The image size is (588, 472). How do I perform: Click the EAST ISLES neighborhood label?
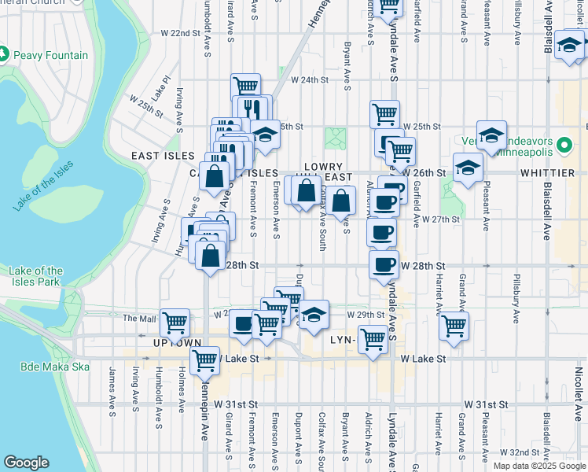tap(157, 156)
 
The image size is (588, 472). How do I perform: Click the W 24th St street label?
tap(308, 80)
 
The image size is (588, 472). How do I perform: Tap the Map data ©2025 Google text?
tap(538, 466)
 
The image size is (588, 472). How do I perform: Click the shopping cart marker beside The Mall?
tap(175, 321)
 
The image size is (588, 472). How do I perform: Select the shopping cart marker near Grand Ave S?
tap(454, 324)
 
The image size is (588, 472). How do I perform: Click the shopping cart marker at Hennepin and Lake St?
tap(205, 360)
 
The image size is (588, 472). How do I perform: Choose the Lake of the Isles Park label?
tap(36, 276)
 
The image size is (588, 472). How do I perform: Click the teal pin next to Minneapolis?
tap(564, 146)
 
